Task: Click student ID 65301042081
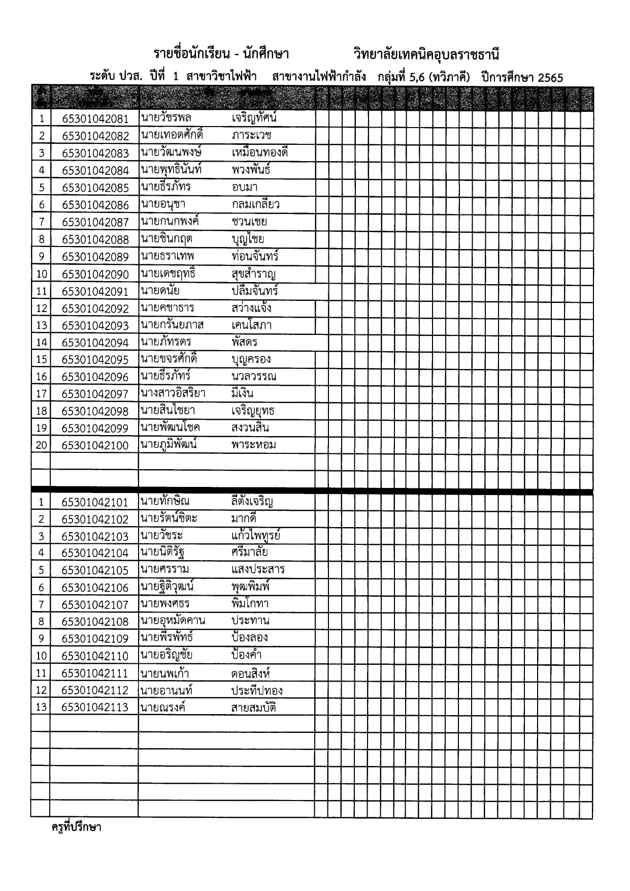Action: pyautogui.click(x=95, y=119)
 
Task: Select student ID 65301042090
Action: pyautogui.click(x=95, y=274)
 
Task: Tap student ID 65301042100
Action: pyautogui.click(x=95, y=445)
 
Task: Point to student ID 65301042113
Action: pyautogui.click(x=95, y=708)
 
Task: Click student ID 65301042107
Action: pyautogui.click(x=95, y=605)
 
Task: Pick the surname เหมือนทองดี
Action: pyautogui.click(x=259, y=152)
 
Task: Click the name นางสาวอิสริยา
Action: pyautogui.click(x=173, y=393)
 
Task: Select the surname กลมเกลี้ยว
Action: pyautogui.click(x=255, y=204)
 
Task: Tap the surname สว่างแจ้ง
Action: pyautogui.click(x=251, y=308)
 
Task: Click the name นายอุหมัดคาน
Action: pyautogui.click(x=173, y=621)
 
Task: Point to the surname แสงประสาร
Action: pyautogui.click(x=258, y=569)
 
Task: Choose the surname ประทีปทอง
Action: pyautogui.click(x=257, y=690)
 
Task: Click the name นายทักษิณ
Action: pyautogui.click(x=165, y=501)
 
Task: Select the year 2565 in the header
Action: pyautogui.click(x=550, y=77)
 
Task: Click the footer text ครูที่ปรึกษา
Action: pyautogui.click(x=77, y=827)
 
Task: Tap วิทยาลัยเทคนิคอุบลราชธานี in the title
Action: pyautogui.click(x=426, y=54)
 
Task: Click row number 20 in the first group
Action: pyautogui.click(x=41, y=445)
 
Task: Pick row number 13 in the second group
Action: pyautogui.click(x=41, y=708)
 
